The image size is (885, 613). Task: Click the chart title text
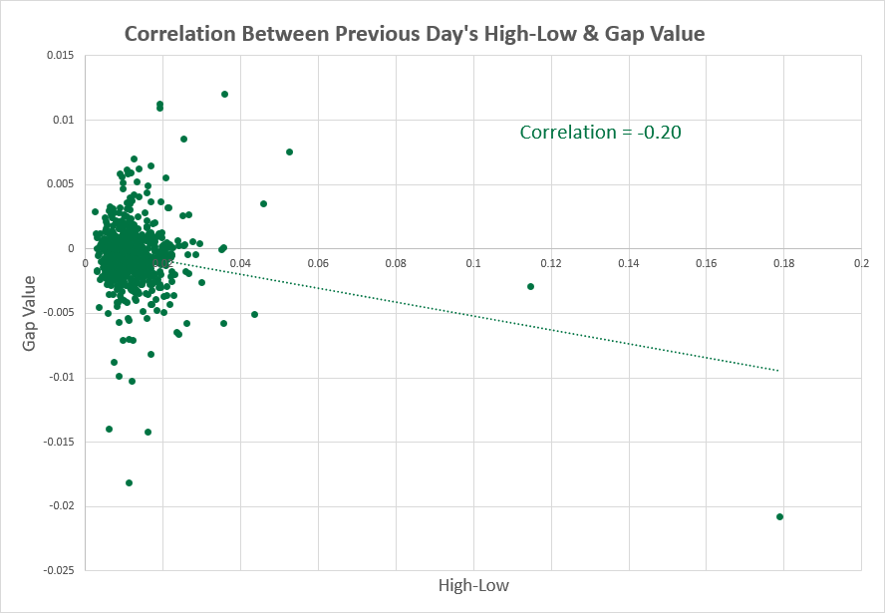click(414, 34)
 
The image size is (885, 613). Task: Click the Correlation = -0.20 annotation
click(600, 132)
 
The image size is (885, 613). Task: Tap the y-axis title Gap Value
click(30, 314)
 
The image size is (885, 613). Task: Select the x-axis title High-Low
click(473, 585)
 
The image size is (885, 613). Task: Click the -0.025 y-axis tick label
click(56, 571)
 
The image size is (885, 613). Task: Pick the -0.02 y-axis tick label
click(59, 506)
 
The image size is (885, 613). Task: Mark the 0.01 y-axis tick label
click(61, 120)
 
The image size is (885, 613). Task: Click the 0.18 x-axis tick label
click(783, 263)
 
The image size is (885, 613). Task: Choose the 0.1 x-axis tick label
click(473, 263)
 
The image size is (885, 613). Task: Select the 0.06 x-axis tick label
click(318, 263)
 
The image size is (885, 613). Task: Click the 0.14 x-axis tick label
click(628, 263)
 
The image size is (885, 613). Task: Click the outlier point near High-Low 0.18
click(779, 516)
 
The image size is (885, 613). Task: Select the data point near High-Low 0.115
click(530, 286)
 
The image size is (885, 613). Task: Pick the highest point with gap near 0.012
click(224, 95)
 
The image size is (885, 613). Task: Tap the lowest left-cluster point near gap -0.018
click(129, 482)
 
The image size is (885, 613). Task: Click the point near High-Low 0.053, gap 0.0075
click(289, 152)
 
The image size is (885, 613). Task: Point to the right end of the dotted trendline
click(777, 371)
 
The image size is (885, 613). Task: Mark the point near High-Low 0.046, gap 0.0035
click(263, 203)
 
